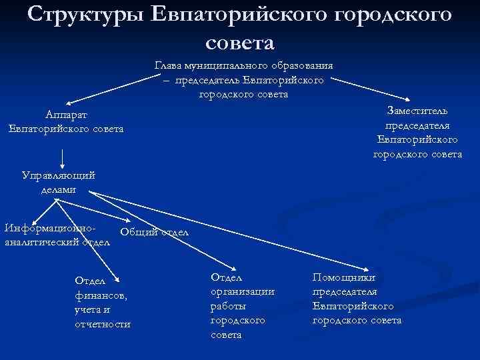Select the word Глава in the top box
coord(169,66)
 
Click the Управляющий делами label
coord(59,182)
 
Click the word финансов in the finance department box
coord(101,295)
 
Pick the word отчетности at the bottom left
coord(103,324)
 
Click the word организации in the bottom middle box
coord(243,291)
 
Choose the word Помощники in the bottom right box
coord(344,277)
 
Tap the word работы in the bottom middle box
coord(228,305)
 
